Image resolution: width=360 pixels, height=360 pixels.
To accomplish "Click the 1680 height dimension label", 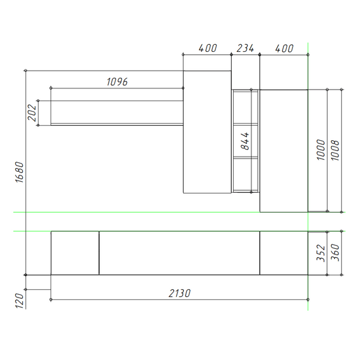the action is [x=20, y=172].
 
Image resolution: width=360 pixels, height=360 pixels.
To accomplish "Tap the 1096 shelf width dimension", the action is [x=117, y=82].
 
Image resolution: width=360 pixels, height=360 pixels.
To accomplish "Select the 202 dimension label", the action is [x=32, y=112].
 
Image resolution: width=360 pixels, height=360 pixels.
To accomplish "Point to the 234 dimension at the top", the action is [x=245, y=48].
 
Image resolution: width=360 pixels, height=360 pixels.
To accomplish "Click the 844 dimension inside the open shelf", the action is [x=245, y=141].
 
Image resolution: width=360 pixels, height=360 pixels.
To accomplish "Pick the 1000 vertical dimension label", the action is [x=321, y=150].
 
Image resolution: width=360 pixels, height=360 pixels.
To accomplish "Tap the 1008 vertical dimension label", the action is [x=335, y=150].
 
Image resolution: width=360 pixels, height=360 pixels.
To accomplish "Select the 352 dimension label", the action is [x=321, y=253].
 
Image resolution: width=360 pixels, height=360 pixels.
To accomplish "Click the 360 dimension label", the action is [x=335, y=253].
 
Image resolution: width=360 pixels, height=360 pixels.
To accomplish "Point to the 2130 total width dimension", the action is [x=179, y=293].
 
